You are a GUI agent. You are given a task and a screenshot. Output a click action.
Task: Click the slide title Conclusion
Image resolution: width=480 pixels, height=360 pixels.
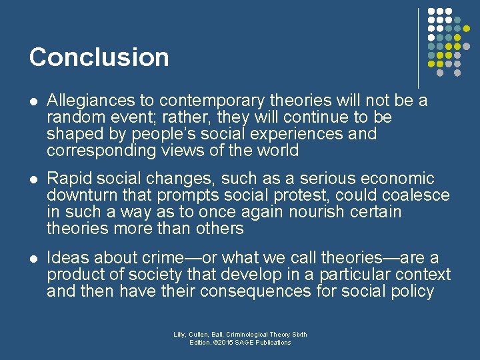(x=99, y=57)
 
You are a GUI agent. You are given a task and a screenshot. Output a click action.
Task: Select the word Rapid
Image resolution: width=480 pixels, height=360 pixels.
(x=69, y=179)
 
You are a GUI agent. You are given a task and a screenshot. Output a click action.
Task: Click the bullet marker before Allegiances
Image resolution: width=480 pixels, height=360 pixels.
(x=33, y=101)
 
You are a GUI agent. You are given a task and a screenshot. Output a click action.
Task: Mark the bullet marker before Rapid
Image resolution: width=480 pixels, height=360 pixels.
(x=33, y=179)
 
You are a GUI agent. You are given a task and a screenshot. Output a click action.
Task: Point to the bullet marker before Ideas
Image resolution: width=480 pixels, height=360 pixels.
(x=33, y=258)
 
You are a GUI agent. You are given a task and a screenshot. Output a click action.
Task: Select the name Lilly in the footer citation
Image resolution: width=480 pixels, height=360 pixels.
(x=180, y=335)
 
